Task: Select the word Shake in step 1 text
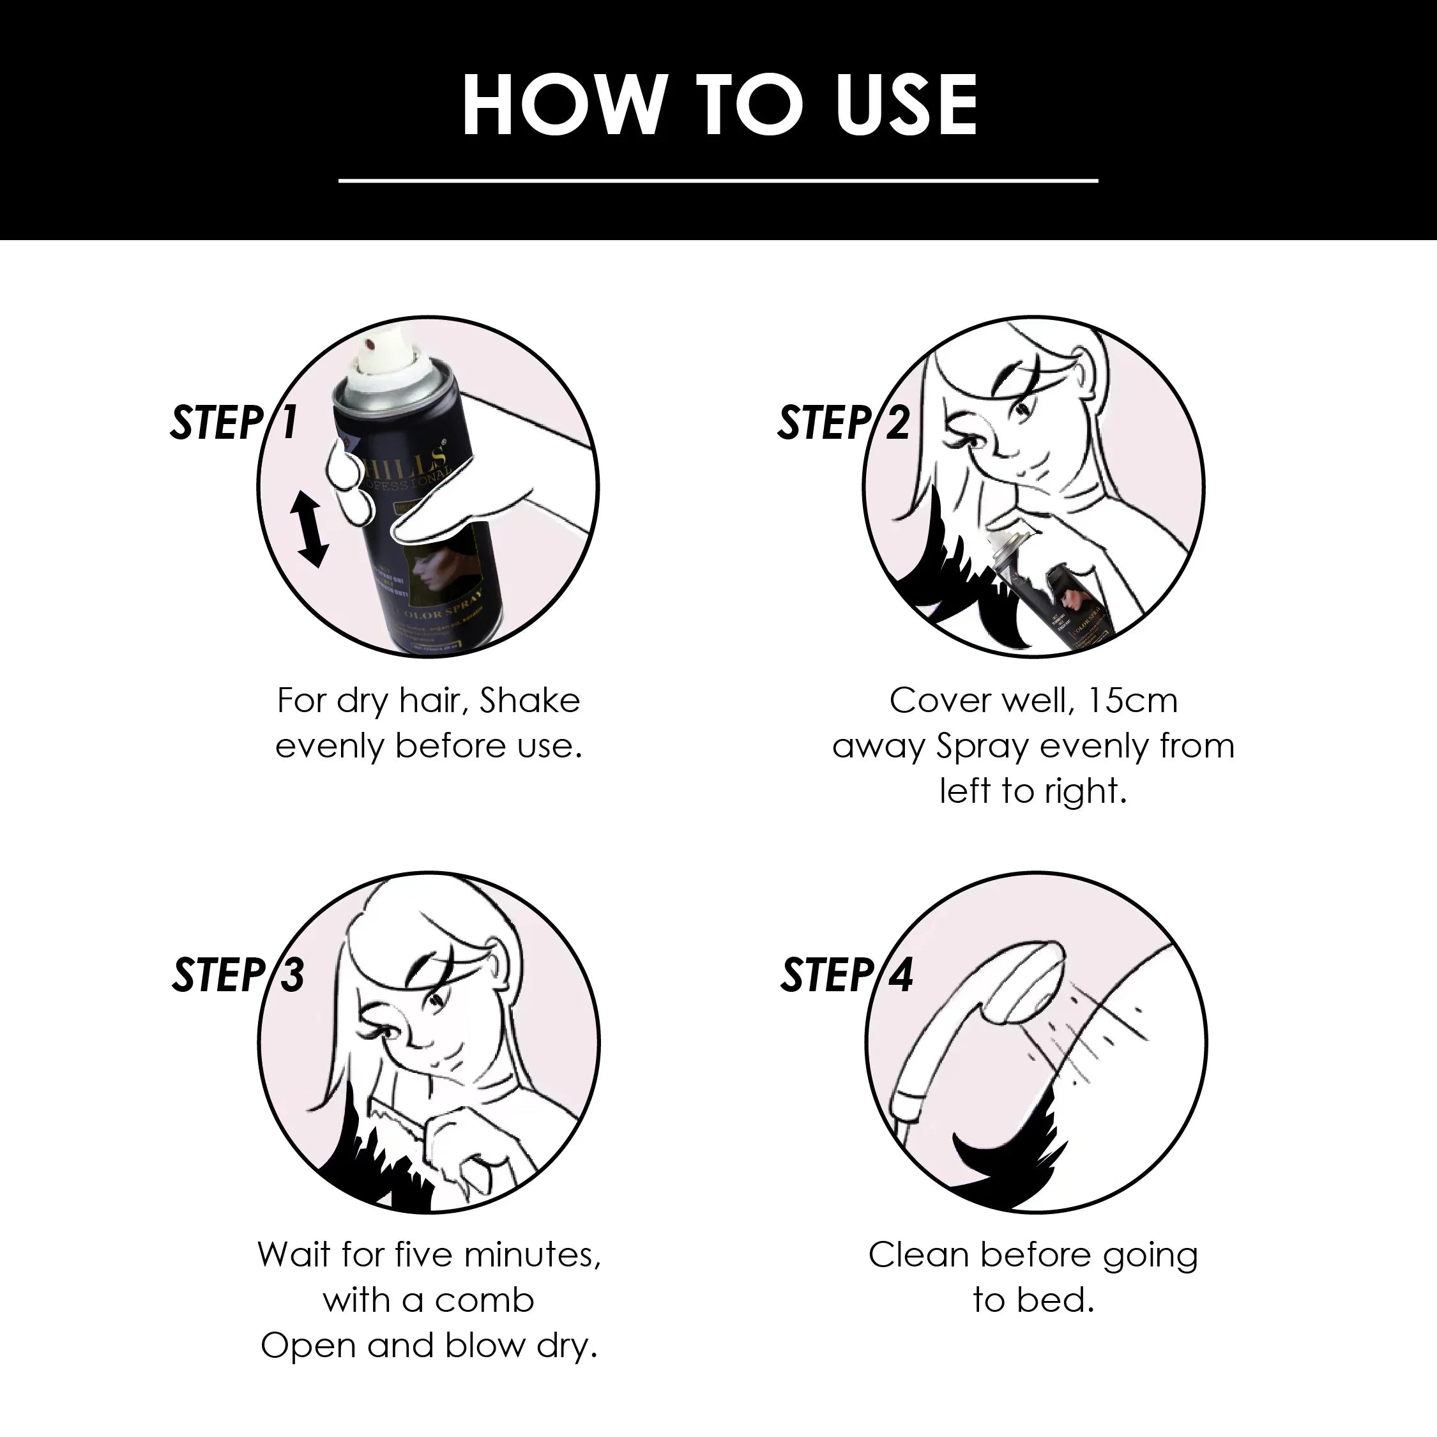[529, 701]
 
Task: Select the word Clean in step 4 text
[918, 1255]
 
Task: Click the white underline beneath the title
[718, 180]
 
